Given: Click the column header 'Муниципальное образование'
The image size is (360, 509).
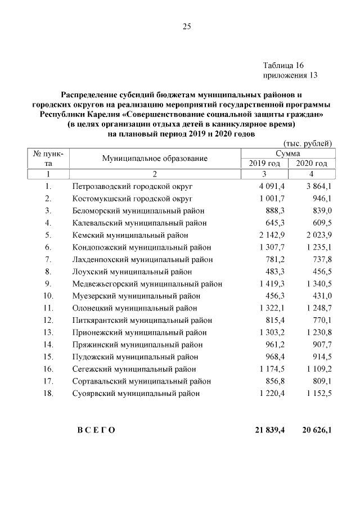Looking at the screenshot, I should (x=155, y=159).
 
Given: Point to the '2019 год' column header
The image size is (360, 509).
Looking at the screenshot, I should (x=264, y=164).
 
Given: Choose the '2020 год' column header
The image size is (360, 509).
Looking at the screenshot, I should (x=311, y=164).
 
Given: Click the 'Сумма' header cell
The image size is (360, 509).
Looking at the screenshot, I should (x=287, y=154).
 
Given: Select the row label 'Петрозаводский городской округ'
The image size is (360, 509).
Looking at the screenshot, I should (x=133, y=186).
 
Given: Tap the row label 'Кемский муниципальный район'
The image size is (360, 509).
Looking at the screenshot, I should (x=130, y=235).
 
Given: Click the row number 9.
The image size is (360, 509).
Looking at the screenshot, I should (x=48, y=283).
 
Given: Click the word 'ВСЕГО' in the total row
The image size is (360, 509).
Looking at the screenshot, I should (x=96, y=430).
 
